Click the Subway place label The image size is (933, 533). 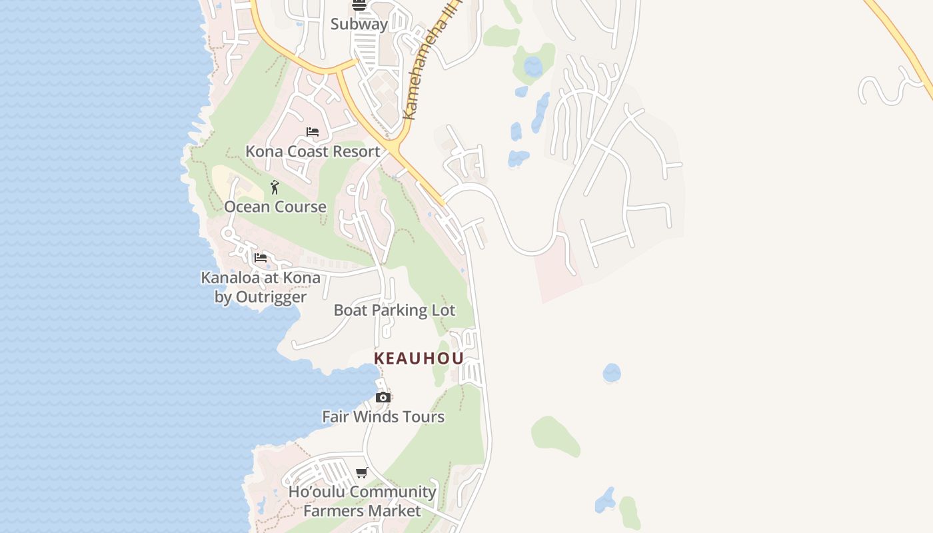pyautogui.click(x=359, y=24)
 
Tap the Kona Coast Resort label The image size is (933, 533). pyautogui.click(x=313, y=151)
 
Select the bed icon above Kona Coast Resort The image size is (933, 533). pyautogui.click(x=312, y=132)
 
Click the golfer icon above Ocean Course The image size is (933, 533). pyautogui.click(x=275, y=187)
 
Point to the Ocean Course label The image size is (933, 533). pyautogui.click(x=275, y=207)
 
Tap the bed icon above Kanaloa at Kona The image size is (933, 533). pyautogui.click(x=261, y=257)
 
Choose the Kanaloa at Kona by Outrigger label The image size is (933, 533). pyautogui.click(x=261, y=287)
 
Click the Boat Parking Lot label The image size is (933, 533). pyautogui.click(x=395, y=310)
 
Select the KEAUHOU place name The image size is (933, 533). pyautogui.click(x=419, y=358)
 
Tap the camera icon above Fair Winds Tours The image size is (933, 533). pyautogui.click(x=383, y=398)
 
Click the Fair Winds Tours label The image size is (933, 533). pyautogui.click(x=383, y=416)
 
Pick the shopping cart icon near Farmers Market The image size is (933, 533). pyautogui.click(x=361, y=473)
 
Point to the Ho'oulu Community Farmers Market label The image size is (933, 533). pyautogui.click(x=363, y=501)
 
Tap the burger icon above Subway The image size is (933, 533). pyautogui.click(x=359, y=5)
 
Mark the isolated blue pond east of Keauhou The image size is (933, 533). pyautogui.click(x=612, y=373)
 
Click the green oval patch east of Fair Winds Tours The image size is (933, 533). pyautogui.click(x=554, y=436)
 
